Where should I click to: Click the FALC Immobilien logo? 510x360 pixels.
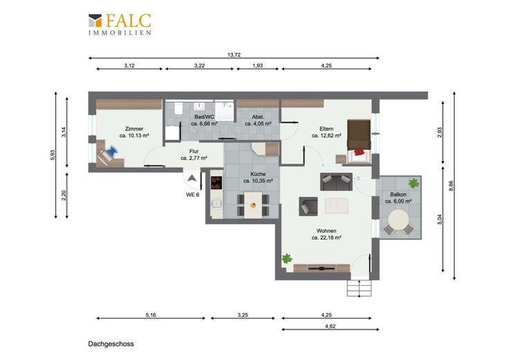tap(120, 24)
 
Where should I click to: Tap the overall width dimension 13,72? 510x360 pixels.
tap(234, 55)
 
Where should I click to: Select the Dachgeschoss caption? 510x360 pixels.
tap(111, 344)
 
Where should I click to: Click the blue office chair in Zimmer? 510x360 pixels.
tap(111, 151)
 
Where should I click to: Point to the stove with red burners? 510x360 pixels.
tap(216, 183)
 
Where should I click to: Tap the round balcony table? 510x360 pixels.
tap(398, 220)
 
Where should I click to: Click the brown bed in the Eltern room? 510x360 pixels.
tap(359, 138)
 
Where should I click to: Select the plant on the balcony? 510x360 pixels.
tap(414, 183)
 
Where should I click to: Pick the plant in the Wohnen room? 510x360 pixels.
tap(287, 259)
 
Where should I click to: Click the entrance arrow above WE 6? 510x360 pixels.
tap(192, 178)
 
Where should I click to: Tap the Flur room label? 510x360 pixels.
tap(194, 151)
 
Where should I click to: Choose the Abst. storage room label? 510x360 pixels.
tap(258, 117)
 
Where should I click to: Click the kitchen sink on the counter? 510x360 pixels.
tap(217, 204)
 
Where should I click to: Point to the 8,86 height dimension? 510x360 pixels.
tap(451, 186)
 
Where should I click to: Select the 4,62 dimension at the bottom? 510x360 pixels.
tap(330, 326)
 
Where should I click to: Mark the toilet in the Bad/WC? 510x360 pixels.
tap(178, 109)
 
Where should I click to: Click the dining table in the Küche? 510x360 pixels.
tap(253, 205)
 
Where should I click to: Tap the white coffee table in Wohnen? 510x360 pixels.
tap(336, 206)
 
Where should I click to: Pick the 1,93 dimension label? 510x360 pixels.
tap(258, 66)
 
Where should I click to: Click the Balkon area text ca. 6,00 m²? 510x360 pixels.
tap(398, 201)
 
